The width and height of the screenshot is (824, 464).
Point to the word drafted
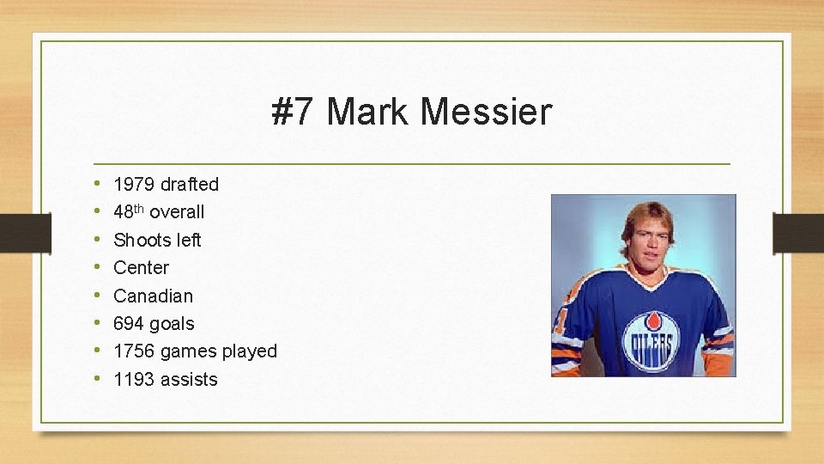[x=190, y=184]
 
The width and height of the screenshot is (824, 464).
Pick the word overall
[x=177, y=211]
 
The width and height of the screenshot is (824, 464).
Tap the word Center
[x=142, y=267]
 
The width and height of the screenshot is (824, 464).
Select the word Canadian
[x=154, y=296]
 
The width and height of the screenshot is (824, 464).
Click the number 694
[x=129, y=324]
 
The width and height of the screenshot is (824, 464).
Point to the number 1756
[x=134, y=351]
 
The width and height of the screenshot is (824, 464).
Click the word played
[x=249, y=351]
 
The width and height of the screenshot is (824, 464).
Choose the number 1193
[x=134, y=380]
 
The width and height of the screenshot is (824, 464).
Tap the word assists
[x=190, y=380]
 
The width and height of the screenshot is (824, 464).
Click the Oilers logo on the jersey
[x=649, y=341]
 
